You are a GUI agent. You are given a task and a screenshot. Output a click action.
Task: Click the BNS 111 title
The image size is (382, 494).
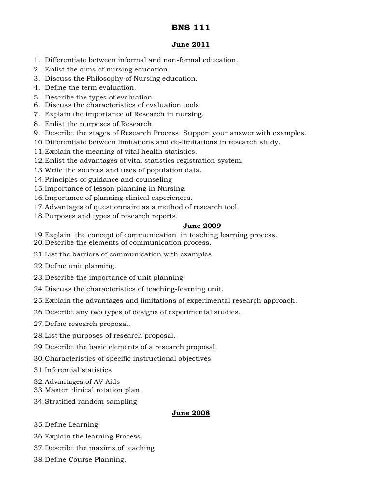point(191,28)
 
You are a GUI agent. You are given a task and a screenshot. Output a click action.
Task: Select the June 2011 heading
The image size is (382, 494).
point(191,45)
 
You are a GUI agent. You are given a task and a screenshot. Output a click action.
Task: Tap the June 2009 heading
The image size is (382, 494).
point(202,226)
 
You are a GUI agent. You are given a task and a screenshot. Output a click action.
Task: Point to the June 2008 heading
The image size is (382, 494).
point(191,413)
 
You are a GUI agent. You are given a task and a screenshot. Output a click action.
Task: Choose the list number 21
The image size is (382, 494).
point(38,254)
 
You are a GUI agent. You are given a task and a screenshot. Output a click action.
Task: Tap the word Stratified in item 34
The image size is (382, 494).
point(60,401)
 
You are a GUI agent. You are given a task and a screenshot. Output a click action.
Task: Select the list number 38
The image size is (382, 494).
point(38,460)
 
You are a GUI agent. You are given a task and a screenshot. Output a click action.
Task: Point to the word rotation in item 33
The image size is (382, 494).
point(110,390)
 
